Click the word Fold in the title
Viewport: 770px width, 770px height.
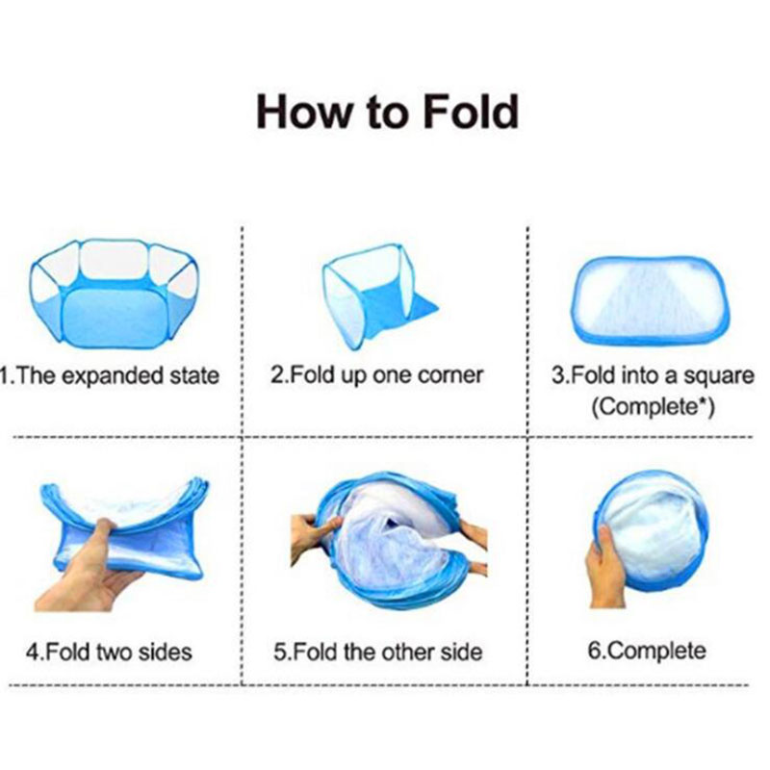click(x=471, y=112)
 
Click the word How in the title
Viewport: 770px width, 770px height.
click(x=305, y=112)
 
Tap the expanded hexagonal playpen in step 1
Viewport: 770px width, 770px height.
click(x=114, y=294)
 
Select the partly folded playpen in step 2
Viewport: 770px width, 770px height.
click(x=379, y=295)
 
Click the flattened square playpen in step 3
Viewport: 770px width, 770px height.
click(x=651, y=299)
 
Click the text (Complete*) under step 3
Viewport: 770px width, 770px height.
click(x=653, y=407)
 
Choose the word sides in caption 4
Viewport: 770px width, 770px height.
click(x=165, y=653)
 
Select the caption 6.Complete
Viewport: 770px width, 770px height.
click(x=647, y=652)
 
